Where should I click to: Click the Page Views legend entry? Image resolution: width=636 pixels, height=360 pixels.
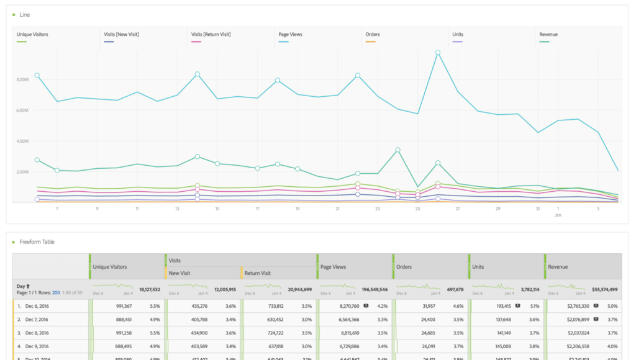[x=291, y=35]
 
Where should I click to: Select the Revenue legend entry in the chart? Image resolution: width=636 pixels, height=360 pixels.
[x=548, y=35]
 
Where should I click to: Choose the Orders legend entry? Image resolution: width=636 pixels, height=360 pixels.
[x=373, y=35]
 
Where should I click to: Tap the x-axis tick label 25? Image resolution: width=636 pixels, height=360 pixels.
[x=417, y=209]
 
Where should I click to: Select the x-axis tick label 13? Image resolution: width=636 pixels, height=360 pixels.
[x=177, y=209]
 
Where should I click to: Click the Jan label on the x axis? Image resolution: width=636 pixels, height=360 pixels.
[x=558, y=215]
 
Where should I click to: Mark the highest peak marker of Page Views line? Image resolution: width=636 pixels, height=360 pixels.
[x=438, y=53]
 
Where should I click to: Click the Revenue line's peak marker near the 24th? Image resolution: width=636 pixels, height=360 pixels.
[x=397, y=150]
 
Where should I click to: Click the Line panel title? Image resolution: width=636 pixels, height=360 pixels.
[x=25, y=14]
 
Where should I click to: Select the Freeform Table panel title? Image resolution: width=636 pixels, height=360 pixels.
[x=37, y=241]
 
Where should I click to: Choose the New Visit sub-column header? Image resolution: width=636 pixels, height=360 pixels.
[x=179, y=272]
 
